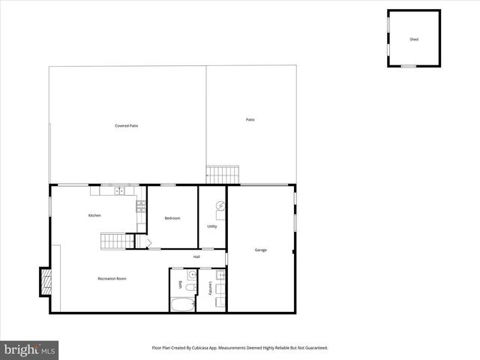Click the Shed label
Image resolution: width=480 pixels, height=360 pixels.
click(x=414, y=39)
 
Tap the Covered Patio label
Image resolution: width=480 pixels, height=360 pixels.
click(x=126, y=126)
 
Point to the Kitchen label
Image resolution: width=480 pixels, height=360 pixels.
click(x=94, y=215)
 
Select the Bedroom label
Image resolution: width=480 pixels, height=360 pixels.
click(x=172, y=218)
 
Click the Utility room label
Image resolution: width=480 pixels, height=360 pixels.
click(x=211, y=226)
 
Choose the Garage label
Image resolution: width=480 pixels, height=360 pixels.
click(x=260, y=250)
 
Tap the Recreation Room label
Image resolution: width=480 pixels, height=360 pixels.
click(x=112, y=278)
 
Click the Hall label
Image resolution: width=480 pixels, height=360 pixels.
click(x=196, y=257)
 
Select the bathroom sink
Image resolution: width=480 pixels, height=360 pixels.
click(x=192, y=274)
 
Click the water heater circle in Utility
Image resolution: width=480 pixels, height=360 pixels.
click(x=220, y=205)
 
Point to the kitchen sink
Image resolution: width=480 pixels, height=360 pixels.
click(x=120, y=190)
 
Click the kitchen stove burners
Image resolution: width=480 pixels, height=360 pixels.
click(x=140, y=207)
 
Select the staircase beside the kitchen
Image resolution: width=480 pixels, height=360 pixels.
click(x=113, y=241)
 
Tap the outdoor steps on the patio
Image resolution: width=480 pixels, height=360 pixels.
click(x=222, y=175)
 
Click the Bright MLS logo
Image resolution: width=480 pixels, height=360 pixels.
click(x=30, y=349)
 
